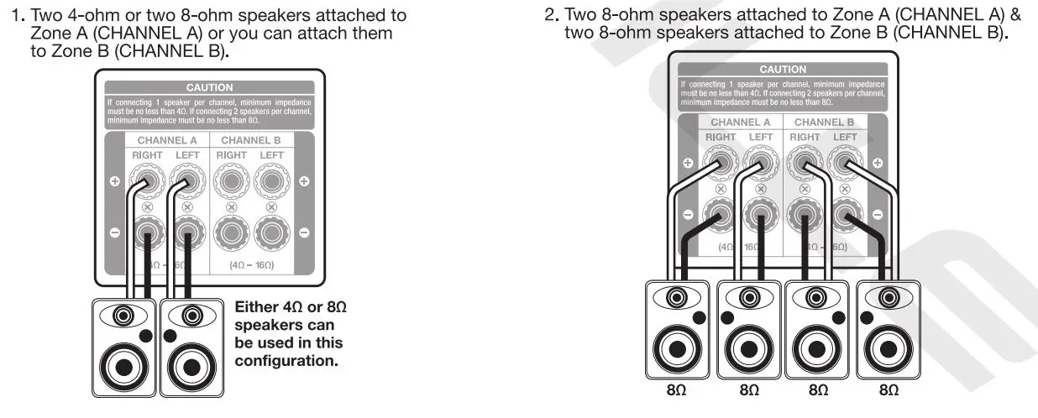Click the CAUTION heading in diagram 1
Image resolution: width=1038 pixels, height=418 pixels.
(209, 87)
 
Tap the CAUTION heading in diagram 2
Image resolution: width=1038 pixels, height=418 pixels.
(782, 70)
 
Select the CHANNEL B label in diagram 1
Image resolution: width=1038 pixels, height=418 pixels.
(250, 140)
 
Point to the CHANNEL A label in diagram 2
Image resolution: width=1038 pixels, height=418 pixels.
(740, 122)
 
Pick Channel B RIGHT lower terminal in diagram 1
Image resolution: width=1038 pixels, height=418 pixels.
(231, 231)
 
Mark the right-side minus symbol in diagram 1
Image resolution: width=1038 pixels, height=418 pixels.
(304, 232)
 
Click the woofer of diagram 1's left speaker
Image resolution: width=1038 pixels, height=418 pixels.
(124, 365)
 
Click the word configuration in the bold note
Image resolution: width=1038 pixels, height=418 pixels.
(286, 361)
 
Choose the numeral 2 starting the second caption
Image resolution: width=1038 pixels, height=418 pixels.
(550, 15)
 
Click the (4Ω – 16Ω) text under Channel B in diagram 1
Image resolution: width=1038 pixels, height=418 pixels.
(251, 264)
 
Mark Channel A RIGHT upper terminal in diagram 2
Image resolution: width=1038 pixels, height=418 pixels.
(719, 161)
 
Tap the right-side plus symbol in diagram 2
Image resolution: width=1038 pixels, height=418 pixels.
(878, 162)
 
